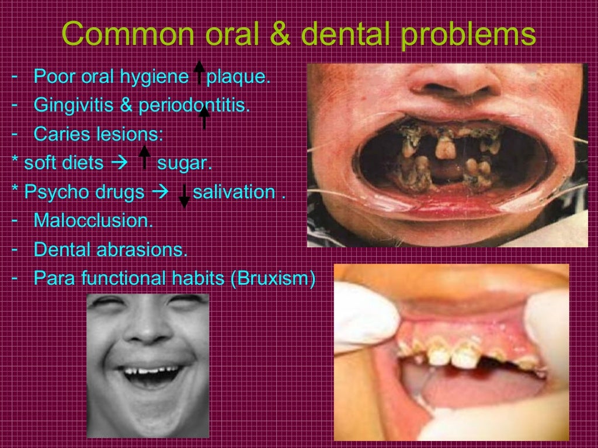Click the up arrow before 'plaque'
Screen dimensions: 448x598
(199, 72)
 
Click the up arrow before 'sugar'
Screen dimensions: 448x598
(144, 157)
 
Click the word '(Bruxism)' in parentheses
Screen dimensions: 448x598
(273, 278)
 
